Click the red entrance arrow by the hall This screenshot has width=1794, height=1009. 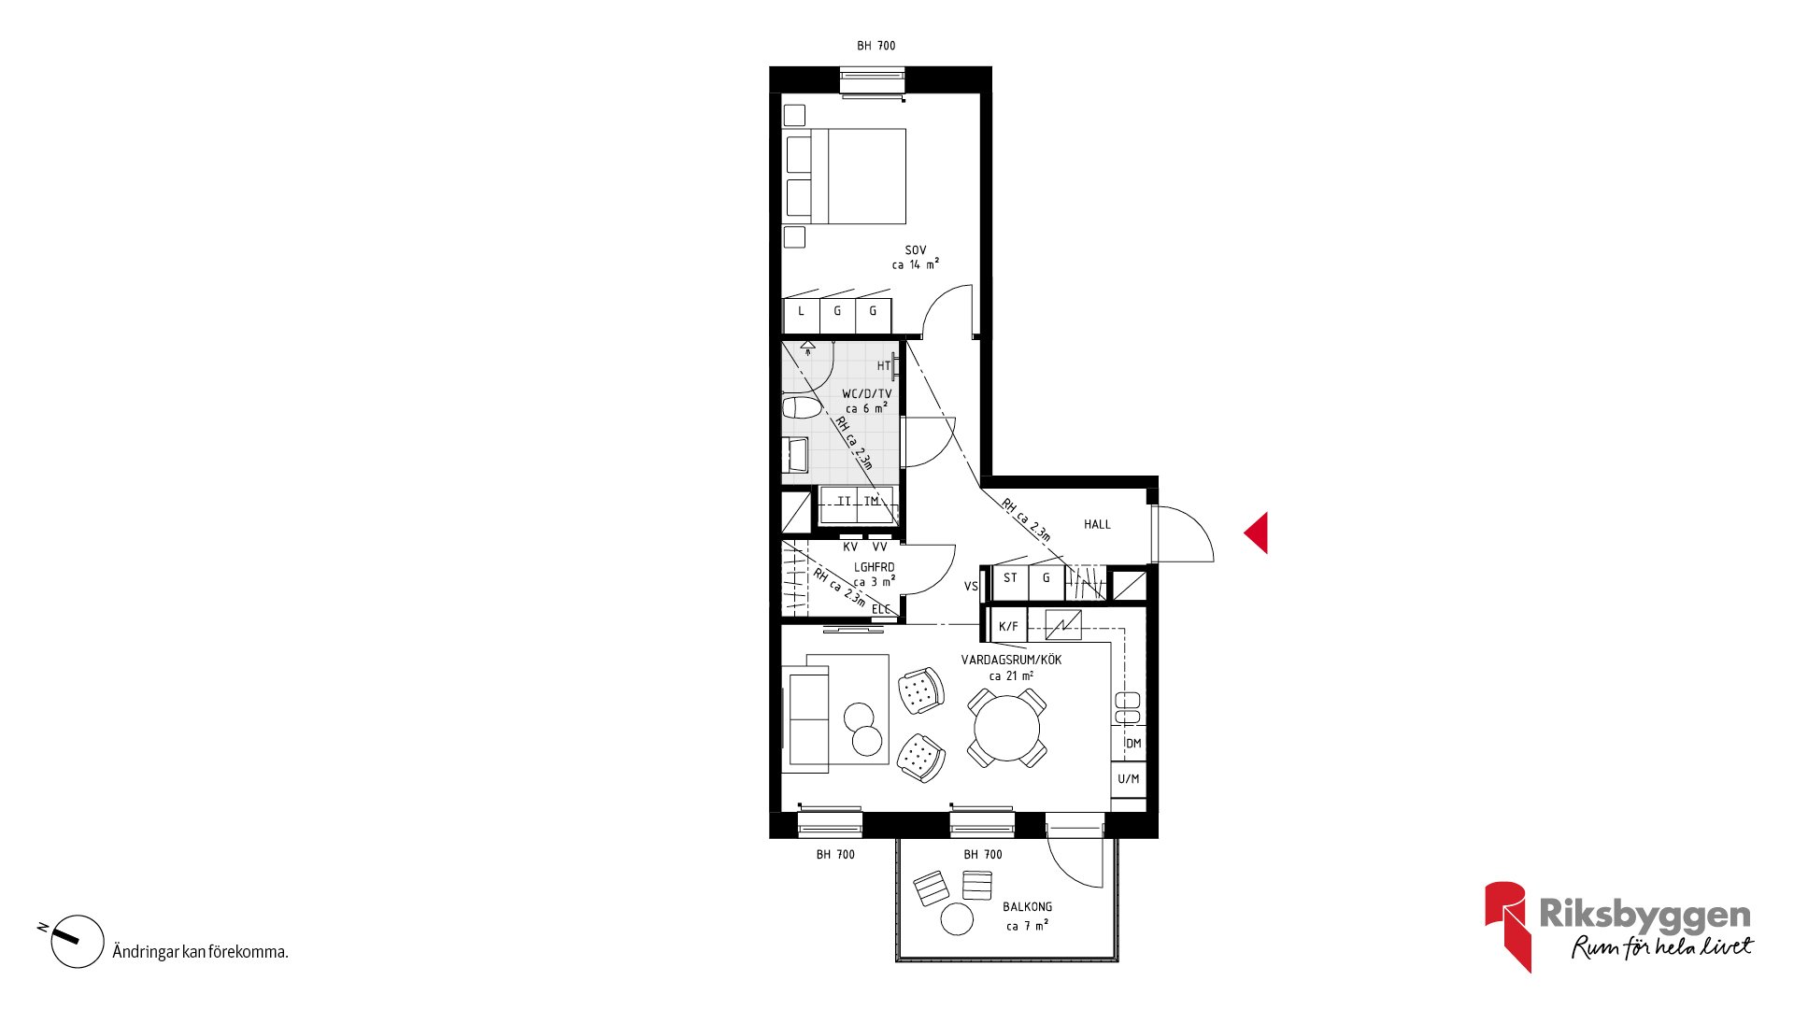click(x=1258, y=533)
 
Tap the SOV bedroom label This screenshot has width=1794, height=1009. click(x=916, y=250)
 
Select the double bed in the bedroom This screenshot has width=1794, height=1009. click(x=845, y=177)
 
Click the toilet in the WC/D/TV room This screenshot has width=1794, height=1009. click(x=801, y=407)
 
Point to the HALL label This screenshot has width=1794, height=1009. click(x=1097, y=524)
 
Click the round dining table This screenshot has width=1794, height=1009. click(x=1006, y=728)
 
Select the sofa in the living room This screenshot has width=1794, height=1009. click(x=806, y=719)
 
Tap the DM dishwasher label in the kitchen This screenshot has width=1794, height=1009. click(x=1133, y=744)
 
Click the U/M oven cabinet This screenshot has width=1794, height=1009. click(x=1129, y=779)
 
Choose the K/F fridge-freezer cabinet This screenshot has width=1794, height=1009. click(x=1009, y=626)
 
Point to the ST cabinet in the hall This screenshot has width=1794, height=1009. click(x=1010, y=582)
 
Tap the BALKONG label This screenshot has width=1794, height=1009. click(x=1027, y=907)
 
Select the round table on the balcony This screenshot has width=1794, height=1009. click(x=957, y=919)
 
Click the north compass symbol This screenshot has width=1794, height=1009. click(x=77, y=941)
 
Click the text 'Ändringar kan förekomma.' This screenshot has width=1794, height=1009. click(x=200, y=952)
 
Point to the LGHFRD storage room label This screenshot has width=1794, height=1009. click(x=874, y=567)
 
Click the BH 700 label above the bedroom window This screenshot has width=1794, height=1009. click(x=876, y=46)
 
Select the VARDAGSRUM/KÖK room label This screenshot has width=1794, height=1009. click(x=1011, y=660)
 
